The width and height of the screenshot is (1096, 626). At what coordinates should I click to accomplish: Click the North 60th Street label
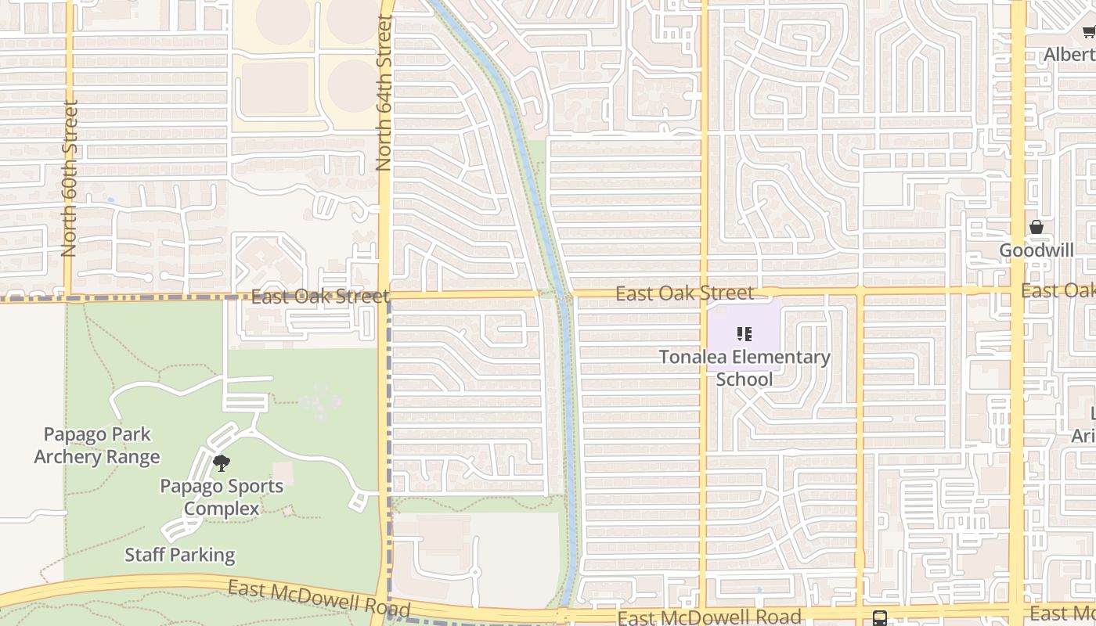point(69,178)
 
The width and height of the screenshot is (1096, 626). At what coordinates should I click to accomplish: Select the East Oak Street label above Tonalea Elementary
point(684,293)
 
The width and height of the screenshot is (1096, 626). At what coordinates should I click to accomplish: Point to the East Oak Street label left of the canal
point(319,297)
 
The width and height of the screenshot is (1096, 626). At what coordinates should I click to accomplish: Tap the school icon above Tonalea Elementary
point(744,335)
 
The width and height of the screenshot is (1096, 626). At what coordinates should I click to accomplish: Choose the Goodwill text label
point(1037,250)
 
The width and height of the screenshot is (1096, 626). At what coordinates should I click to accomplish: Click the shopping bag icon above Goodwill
point(1037,228)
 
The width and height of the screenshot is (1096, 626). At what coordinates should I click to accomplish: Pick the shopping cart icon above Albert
point(1089,31)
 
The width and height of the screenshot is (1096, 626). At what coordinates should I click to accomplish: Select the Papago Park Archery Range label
point(97,445)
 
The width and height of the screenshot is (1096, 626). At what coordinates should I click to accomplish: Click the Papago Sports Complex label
point(222,497)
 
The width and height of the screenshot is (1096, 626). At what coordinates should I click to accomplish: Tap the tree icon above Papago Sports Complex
point(222,463)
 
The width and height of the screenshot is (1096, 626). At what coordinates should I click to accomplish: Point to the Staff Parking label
point(180,555)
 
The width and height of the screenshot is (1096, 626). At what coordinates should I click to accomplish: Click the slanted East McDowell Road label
point(319,598)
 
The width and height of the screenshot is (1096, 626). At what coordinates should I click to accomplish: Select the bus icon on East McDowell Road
point(879,617)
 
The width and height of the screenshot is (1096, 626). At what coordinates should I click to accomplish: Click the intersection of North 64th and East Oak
point(386,297)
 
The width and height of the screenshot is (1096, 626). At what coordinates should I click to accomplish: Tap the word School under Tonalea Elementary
point(744,380)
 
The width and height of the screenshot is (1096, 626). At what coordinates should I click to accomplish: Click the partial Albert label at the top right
point(1069,55)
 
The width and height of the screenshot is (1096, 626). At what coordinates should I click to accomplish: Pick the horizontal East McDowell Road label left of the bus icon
point(709,617)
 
